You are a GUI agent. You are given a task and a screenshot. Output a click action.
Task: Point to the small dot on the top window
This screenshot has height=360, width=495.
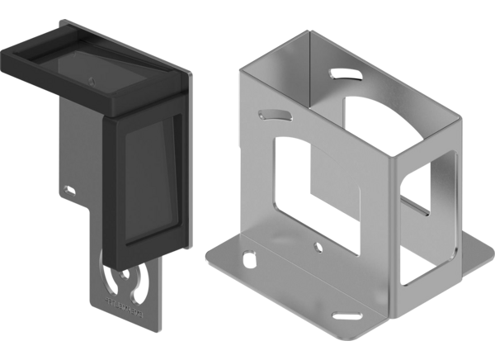(92, 79)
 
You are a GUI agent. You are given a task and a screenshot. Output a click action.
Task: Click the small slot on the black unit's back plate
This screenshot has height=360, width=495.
(71, 191)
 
